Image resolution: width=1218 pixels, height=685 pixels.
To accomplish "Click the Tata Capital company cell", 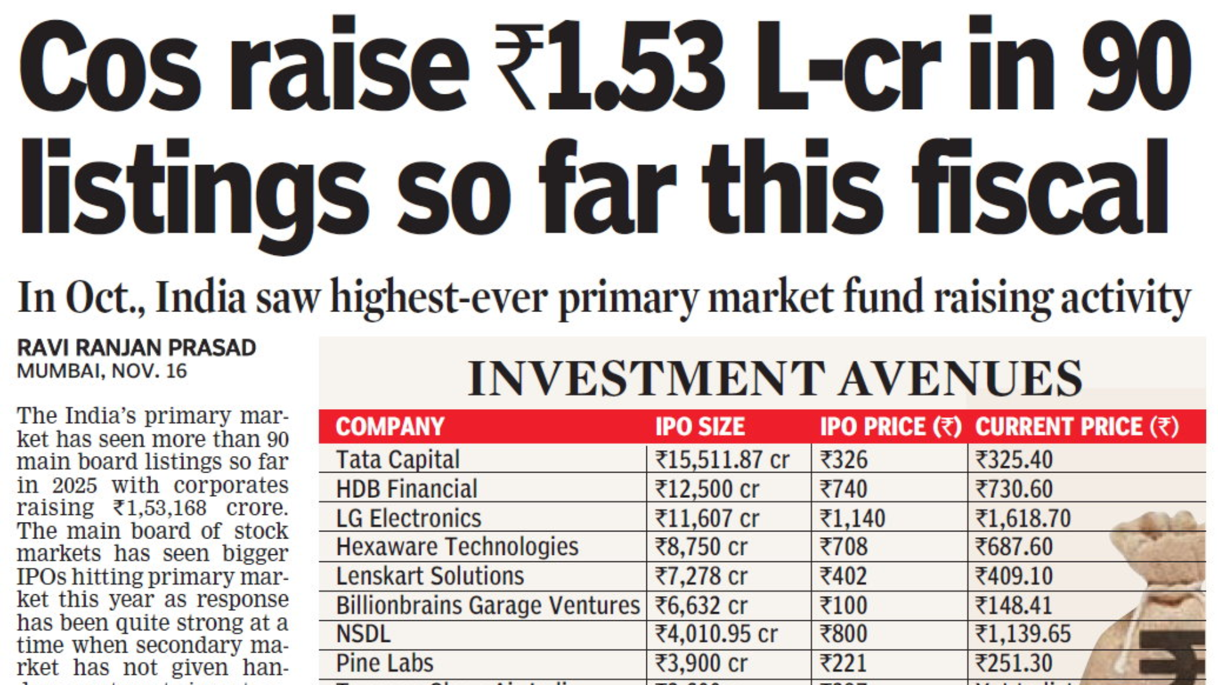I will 398,459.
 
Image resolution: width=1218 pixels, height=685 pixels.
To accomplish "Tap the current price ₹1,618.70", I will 1023,518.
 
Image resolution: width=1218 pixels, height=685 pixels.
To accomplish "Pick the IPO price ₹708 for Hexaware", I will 844,547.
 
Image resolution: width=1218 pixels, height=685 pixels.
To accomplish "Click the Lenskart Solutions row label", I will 430,576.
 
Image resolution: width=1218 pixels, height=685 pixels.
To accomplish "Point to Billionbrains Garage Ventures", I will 487,605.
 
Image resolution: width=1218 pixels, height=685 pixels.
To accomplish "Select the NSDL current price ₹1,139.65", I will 1023,634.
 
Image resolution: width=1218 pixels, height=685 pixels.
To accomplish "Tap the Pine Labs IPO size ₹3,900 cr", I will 701,663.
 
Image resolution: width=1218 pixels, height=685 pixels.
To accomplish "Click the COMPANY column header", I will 390,426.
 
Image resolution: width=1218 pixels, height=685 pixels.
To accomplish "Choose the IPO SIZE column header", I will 700,426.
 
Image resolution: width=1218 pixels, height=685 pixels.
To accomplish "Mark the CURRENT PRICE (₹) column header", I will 1077,426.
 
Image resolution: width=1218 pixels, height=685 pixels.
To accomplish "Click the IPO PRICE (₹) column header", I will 890,426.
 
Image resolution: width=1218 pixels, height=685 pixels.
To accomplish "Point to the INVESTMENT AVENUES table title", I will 775,379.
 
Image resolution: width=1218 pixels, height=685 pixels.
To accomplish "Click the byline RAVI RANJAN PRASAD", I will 136,348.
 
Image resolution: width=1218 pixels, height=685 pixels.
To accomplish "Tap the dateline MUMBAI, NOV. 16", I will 102,371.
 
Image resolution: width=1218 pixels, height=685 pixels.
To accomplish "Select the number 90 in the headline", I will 1136,67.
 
